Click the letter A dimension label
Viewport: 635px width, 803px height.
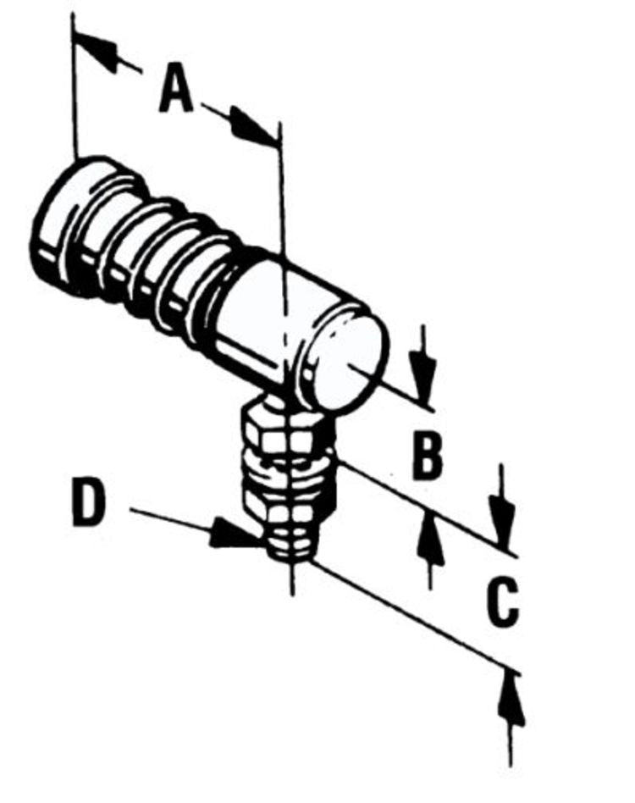coord(176,90)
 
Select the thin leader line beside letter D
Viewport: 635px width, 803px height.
coord(169,518)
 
